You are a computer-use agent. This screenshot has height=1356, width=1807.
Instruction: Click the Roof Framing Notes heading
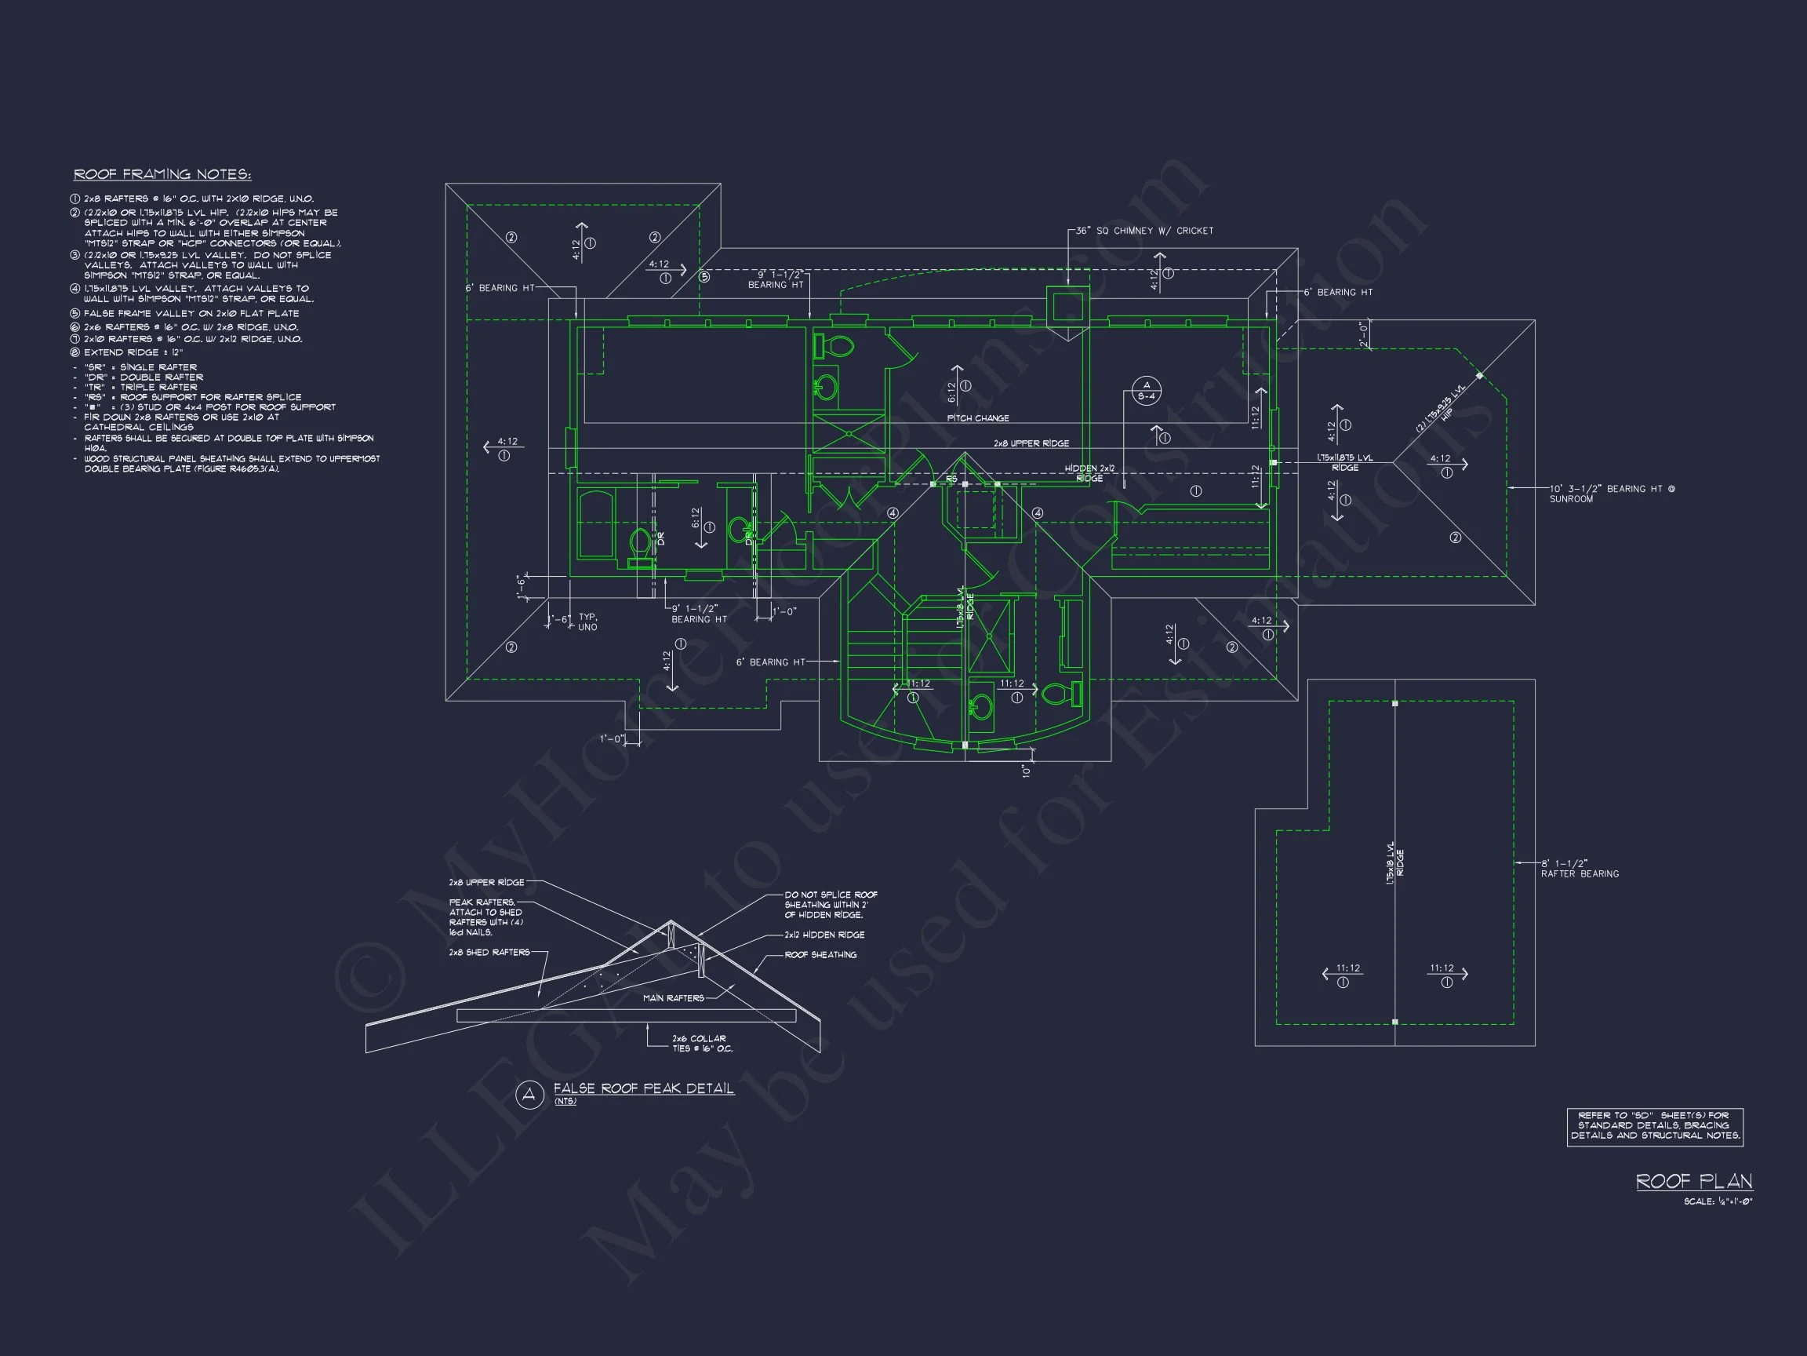[162, 174]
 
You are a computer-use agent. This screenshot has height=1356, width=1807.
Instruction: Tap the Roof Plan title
[1693, 1181]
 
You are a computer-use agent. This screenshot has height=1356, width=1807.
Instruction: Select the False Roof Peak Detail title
[644, 1088]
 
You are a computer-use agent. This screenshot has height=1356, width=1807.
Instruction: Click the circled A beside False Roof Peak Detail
[529, 1095]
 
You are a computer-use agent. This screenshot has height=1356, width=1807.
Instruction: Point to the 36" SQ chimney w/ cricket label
[1143, 231]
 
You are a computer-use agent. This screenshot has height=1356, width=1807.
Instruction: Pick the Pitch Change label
[978, 418]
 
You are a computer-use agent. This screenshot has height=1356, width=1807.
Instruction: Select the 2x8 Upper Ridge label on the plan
[1031, 444]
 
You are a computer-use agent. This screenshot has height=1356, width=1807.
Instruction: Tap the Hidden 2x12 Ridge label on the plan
[1089, 473]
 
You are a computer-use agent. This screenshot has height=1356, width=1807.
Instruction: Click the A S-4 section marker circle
[1146, 391]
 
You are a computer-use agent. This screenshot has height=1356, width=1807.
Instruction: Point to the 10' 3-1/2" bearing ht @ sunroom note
[1611, 494]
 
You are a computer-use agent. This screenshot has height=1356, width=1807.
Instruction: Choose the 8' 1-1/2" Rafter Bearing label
[1579, 868]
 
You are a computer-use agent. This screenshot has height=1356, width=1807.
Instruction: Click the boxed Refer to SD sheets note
[1654, 1126]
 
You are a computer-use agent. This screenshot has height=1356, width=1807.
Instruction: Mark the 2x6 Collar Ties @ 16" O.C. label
[702, 1043]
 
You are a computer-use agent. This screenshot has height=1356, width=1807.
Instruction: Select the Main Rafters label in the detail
[673, 998]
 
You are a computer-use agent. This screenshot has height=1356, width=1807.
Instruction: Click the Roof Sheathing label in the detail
[820, 955]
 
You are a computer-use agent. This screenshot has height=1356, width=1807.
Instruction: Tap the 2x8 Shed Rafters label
[489, 952]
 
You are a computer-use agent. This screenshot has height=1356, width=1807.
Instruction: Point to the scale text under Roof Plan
[1718, 1201]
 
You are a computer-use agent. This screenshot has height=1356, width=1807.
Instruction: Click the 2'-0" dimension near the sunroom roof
[1362, 334]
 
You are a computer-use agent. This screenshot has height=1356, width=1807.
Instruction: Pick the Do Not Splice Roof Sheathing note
[830, 905]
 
